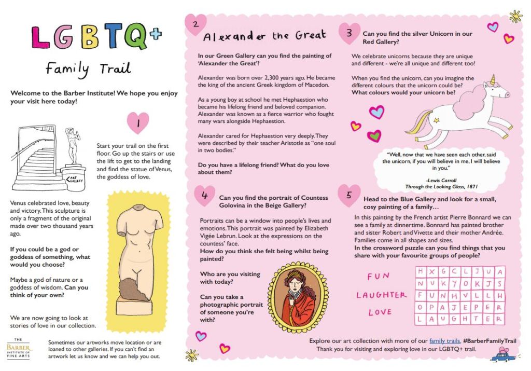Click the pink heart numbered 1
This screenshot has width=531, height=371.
[137, 123]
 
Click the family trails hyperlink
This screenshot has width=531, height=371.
[444, 341]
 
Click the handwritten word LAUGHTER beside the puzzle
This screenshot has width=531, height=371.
[381, 295]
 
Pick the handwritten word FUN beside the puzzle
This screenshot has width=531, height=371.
[378, 277]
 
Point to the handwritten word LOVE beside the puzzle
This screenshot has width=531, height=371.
[380, 312]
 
